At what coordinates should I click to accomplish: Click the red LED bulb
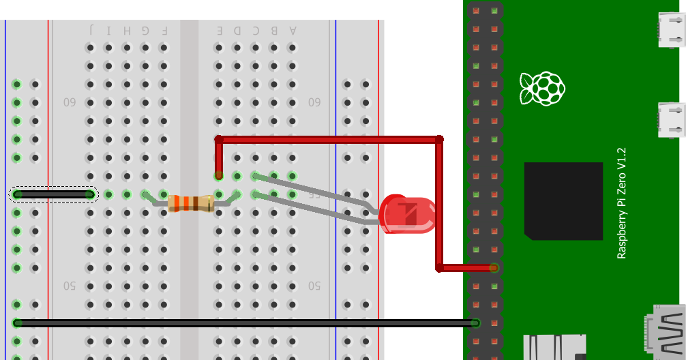tap(408, 213)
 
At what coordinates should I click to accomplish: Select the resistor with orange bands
tap(191, 202)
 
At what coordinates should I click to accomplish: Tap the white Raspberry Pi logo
tap(542, 88)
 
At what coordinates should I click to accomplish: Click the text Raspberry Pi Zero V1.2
tap(621, 203)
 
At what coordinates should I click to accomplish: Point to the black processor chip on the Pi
tap(563, 201)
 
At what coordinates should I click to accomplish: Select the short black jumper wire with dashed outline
tap(54, 194)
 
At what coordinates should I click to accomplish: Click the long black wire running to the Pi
tap(245, 322)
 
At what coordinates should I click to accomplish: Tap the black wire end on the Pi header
tap(476, 323)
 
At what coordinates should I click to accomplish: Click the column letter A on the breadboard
tap(293, 30)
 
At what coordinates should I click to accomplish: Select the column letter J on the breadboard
tap(91, 30)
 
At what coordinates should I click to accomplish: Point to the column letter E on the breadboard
tap(219, 30)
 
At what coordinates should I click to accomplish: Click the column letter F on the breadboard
tap(164, 30)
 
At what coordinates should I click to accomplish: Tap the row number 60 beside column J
tap(70, 102)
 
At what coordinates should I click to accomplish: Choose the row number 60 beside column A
tap(314, 102)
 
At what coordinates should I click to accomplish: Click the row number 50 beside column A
tap(314, 285)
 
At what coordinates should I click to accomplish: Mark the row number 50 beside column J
tap(70, 285)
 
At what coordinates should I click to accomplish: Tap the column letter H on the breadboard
tap(127, 30)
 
